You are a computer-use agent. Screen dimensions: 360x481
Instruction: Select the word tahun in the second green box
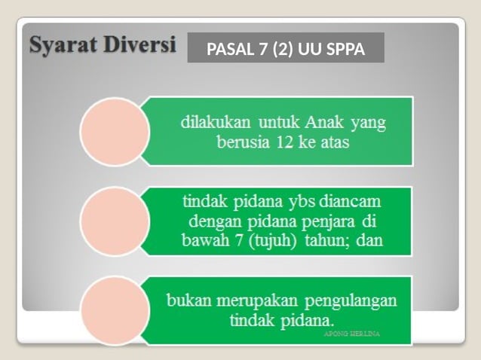[x=338, y=242]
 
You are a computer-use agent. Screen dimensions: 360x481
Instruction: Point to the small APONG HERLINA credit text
[x=353, y=332]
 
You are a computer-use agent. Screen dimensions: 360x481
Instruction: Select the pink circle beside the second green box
[x=113, y=221]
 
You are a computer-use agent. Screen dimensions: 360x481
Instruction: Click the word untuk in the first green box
[x=280, y=121]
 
